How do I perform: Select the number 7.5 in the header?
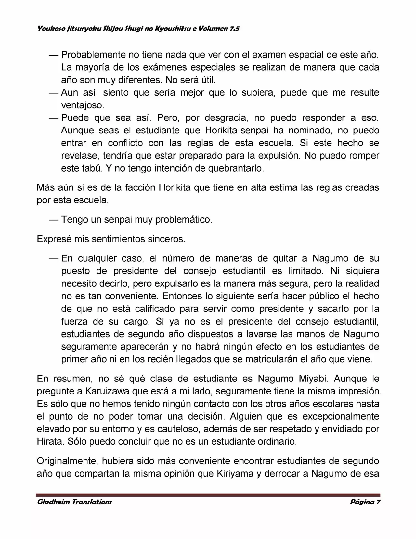click(234, 29)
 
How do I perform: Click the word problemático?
click(184, 220)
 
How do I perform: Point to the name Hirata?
click(49, 442)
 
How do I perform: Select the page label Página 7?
click(365, 502)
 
